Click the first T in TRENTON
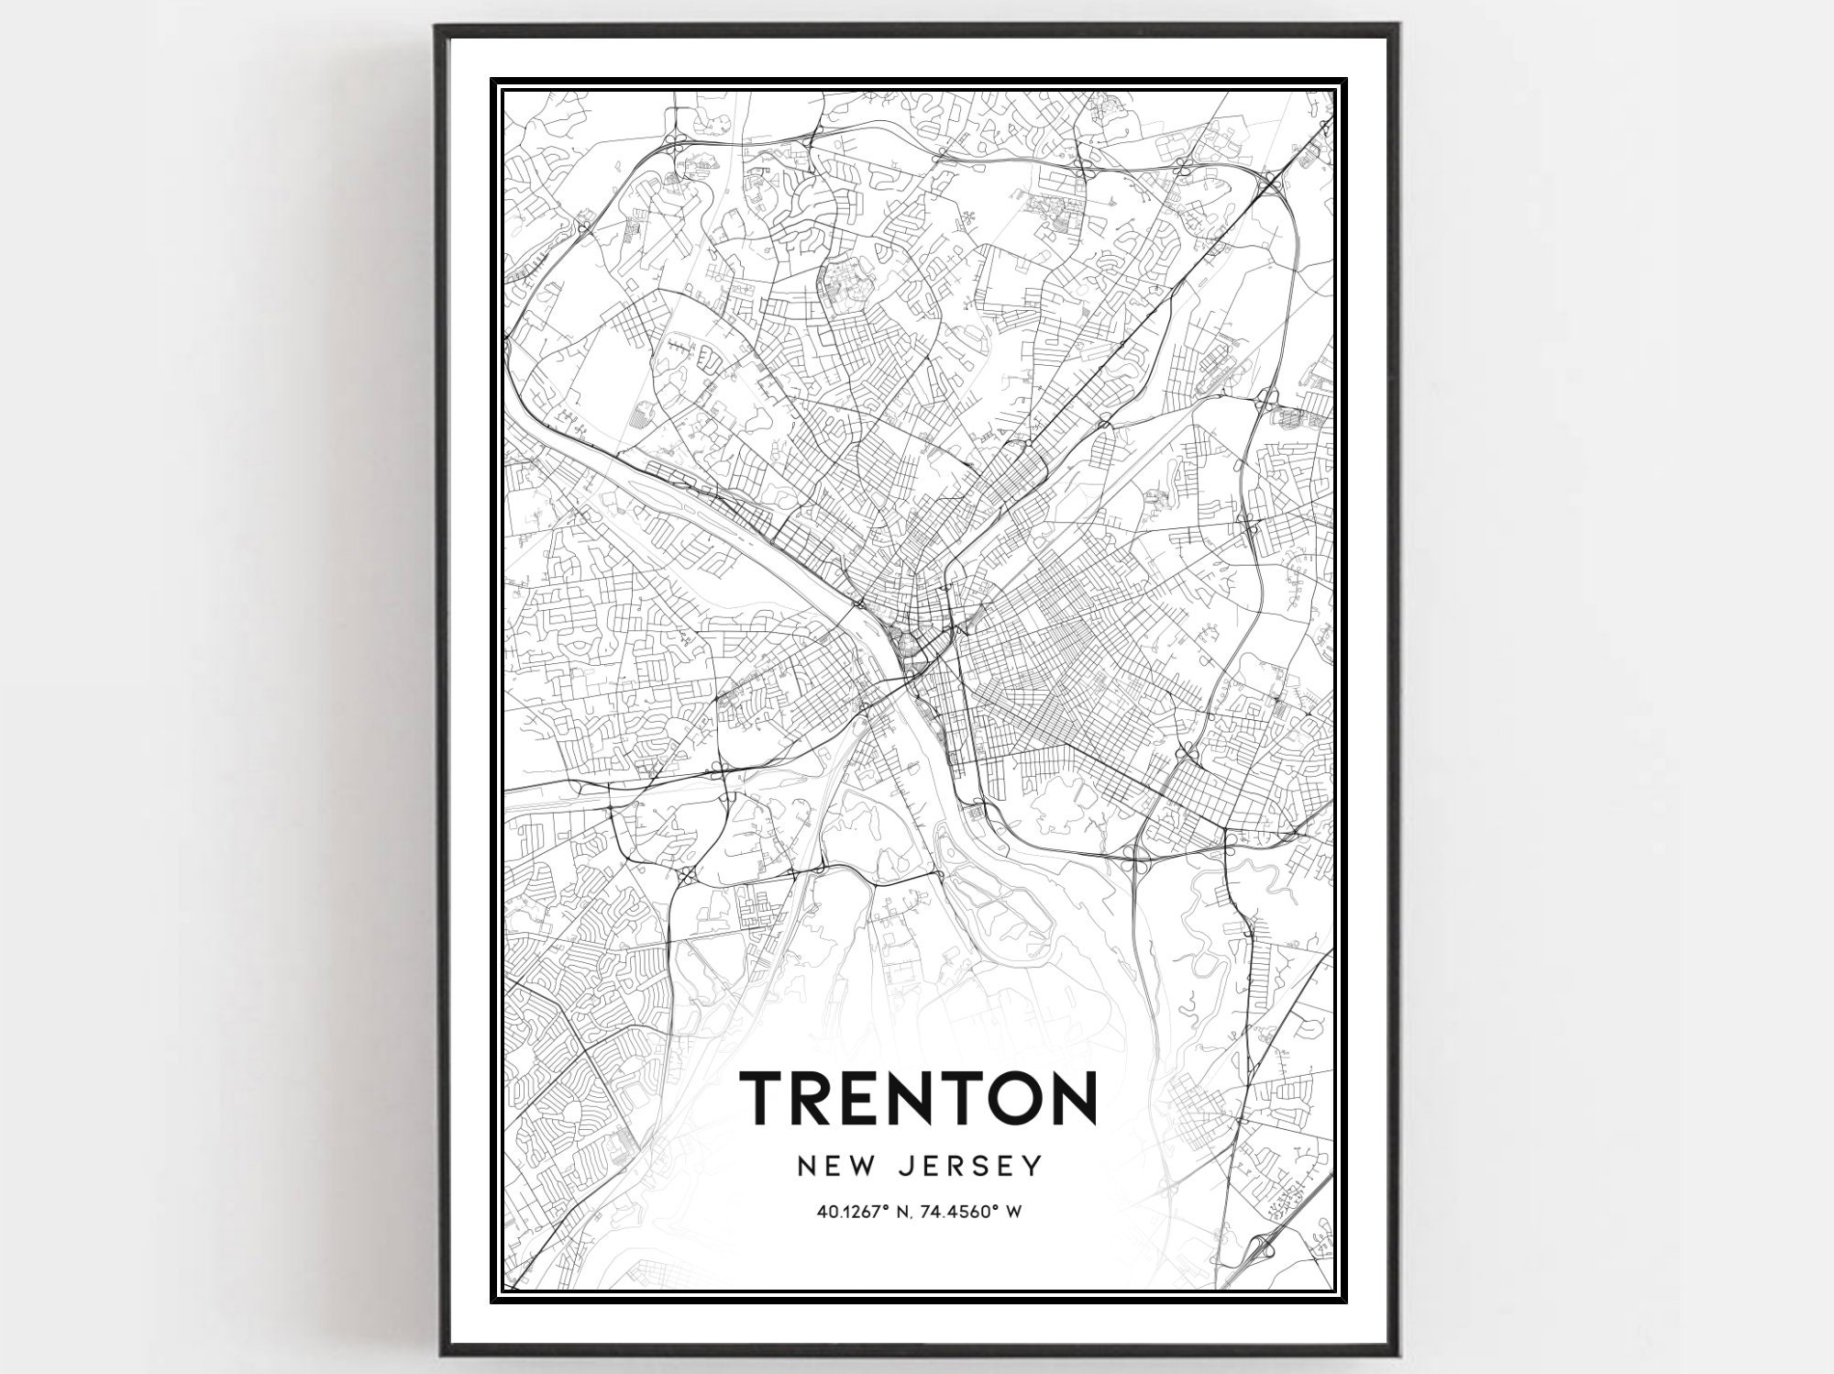click(x=762, y=1097)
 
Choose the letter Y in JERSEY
click(x=1034, y=1166)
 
